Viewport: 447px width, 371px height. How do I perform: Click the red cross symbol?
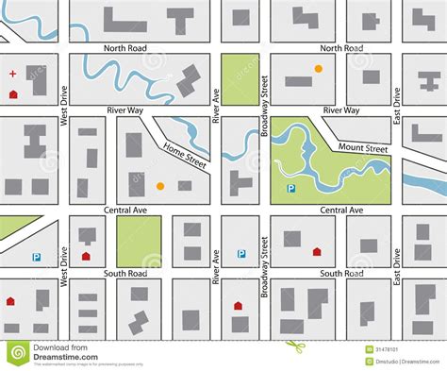[12, 73]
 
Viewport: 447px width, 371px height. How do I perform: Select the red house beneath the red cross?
[12, 94]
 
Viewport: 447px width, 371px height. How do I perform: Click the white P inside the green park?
[291, 188]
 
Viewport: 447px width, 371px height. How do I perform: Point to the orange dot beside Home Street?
[159, 186]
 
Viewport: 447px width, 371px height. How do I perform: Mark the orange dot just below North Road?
[318, 69]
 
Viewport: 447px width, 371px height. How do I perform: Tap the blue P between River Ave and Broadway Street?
[241, 253]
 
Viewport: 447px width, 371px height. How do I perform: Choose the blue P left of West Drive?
[36, 257]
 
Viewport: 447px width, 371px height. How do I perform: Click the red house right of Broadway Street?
[317, 252]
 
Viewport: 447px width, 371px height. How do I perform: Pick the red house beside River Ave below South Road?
[238, 305]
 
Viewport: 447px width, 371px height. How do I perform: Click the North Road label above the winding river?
[124, 46]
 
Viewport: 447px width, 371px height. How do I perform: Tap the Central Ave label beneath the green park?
[340, 210]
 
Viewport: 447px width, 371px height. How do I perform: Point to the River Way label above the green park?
[340, 110]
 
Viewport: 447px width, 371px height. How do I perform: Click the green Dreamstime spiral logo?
[17, 353]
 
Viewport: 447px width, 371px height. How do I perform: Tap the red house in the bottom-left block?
[10, 301]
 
